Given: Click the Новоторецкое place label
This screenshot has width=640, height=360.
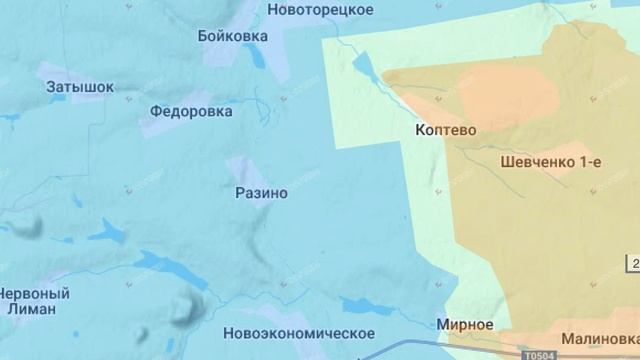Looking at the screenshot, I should [321, 9].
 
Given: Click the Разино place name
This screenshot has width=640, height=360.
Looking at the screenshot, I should [260, 192].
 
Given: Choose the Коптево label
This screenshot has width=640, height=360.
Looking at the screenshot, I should [443, 130].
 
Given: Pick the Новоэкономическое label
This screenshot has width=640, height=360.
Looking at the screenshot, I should [300, 333].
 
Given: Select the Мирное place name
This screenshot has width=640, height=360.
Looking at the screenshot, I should [465, 325].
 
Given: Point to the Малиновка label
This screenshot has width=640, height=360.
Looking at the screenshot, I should [599, 338].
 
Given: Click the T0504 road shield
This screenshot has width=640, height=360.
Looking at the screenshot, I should [537, 354].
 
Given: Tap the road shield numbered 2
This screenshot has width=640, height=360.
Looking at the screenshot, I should [634, 263].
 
